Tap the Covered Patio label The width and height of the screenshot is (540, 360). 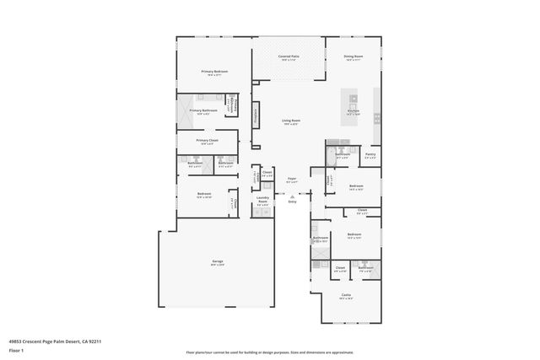click(289, 57)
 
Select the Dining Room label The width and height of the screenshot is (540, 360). click(352, 57)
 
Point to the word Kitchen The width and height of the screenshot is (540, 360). click(354, 110)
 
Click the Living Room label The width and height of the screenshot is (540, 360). click(291, 121)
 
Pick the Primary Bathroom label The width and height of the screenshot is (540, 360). click(203, 110)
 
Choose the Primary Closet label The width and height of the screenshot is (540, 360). click(208, 141)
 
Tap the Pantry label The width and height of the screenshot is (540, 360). click(370, 154)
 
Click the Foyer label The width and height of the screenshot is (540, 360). click(291, 179)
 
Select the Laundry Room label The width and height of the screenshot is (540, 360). click(262, 201)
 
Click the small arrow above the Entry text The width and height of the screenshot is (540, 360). click(292, 196)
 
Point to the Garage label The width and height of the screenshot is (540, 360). click(217, 263)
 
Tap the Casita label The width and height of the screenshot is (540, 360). click(346, 294)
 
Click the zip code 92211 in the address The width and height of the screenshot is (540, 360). click(95, 341)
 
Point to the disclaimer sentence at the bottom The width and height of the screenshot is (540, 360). click(270, 352)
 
